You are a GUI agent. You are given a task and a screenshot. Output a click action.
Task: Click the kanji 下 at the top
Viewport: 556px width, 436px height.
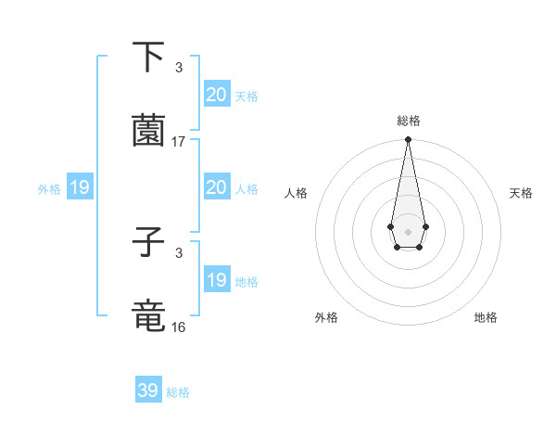(148, 58)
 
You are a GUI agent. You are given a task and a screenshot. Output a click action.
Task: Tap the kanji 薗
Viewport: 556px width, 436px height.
(148, 131)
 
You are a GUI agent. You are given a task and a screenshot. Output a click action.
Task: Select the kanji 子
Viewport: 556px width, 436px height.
(148, 243)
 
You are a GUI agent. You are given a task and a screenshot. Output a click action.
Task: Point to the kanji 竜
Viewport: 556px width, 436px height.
(148, 316)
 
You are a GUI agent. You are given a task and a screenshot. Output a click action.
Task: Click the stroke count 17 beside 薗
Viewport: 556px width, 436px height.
(179, 142)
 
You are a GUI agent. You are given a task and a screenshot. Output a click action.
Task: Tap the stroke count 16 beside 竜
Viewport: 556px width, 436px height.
(179, 327)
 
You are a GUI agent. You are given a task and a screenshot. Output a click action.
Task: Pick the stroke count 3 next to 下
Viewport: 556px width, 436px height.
(179, 68)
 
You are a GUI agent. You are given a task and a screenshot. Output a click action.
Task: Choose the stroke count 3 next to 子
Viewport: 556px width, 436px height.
(179, 253)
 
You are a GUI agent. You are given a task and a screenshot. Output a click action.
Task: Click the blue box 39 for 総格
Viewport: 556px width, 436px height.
(148, 391)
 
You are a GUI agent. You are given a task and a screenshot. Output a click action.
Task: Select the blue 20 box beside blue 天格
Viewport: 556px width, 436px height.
(217, 95)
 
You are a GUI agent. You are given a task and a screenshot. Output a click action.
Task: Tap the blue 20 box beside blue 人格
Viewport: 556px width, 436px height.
(217, 188)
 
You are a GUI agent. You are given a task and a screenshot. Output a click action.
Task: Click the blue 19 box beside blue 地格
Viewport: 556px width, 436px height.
(217, 280)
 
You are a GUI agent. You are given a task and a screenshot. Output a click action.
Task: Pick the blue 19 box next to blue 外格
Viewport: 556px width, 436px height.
(80, 188)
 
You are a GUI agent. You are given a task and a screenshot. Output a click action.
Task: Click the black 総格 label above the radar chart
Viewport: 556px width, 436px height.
(408, 121)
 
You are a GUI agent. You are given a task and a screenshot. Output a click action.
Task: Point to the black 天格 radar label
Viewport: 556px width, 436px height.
(522, 193)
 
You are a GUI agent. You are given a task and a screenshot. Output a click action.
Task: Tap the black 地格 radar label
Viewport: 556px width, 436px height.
(486, 318)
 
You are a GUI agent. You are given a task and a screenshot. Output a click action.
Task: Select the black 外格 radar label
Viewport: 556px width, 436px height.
(326, 318)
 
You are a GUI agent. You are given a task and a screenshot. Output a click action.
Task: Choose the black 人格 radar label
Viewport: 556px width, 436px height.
(297, 193)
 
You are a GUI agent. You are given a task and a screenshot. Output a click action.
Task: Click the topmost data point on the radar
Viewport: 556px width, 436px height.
(408, 140)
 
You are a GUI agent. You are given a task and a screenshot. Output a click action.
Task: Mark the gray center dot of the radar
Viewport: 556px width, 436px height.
(408, 230)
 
